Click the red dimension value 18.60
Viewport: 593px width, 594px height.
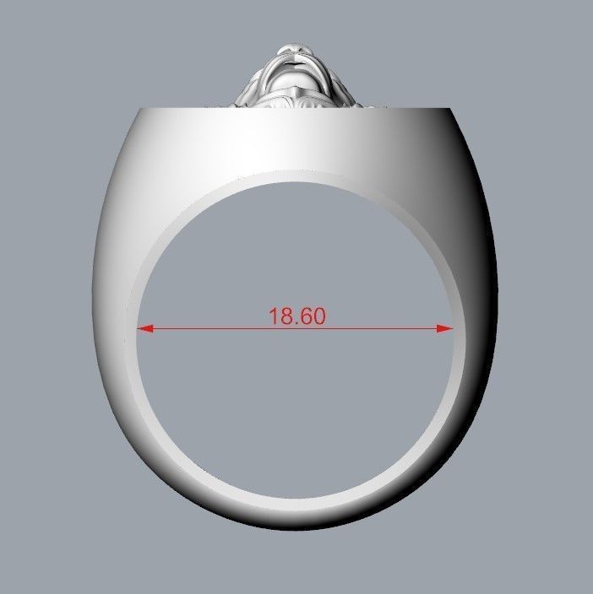(x=296, y=316)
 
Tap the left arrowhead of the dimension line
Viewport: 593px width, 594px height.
(x=144, y=329)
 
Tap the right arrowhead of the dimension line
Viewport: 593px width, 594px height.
(x=445, y=329)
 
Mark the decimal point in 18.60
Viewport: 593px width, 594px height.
(x=294, y=323)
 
